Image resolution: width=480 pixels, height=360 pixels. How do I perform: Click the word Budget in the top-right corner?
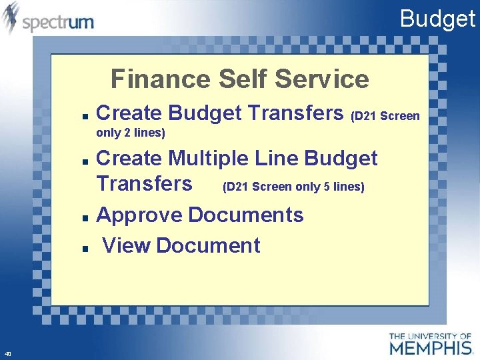click(437, 19)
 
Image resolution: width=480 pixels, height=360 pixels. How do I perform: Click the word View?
click(126, 245)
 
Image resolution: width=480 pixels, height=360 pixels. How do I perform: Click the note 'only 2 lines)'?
click(131, 133)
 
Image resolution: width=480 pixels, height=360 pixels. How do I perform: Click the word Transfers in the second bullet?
click(145, 183)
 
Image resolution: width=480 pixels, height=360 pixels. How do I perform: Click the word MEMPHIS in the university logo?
click(431, 347)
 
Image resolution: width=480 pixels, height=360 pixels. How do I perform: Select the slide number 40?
click(7, 353)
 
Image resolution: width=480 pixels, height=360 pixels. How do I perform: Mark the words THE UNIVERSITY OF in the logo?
click(431, 335)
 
